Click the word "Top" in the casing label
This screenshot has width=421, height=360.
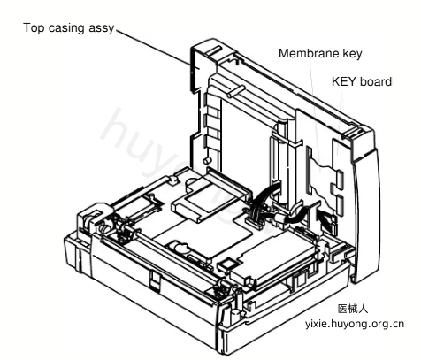(34, 28)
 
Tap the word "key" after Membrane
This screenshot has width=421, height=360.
(352, 54)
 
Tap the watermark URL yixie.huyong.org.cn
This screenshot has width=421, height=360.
(355, 324)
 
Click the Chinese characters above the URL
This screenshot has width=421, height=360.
(353, 309)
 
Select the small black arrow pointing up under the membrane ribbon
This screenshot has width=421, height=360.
(325, 219)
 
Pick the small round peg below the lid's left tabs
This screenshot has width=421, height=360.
(208, 160)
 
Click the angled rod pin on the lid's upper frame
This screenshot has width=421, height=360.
(235, 91)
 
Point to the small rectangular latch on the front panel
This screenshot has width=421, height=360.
(155, 281)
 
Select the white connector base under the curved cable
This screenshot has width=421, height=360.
(253, 223)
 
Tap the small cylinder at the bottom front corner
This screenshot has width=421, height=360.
(234, 315)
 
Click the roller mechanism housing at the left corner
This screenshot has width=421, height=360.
(95, 218)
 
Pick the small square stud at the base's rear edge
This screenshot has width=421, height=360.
(173, 180)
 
